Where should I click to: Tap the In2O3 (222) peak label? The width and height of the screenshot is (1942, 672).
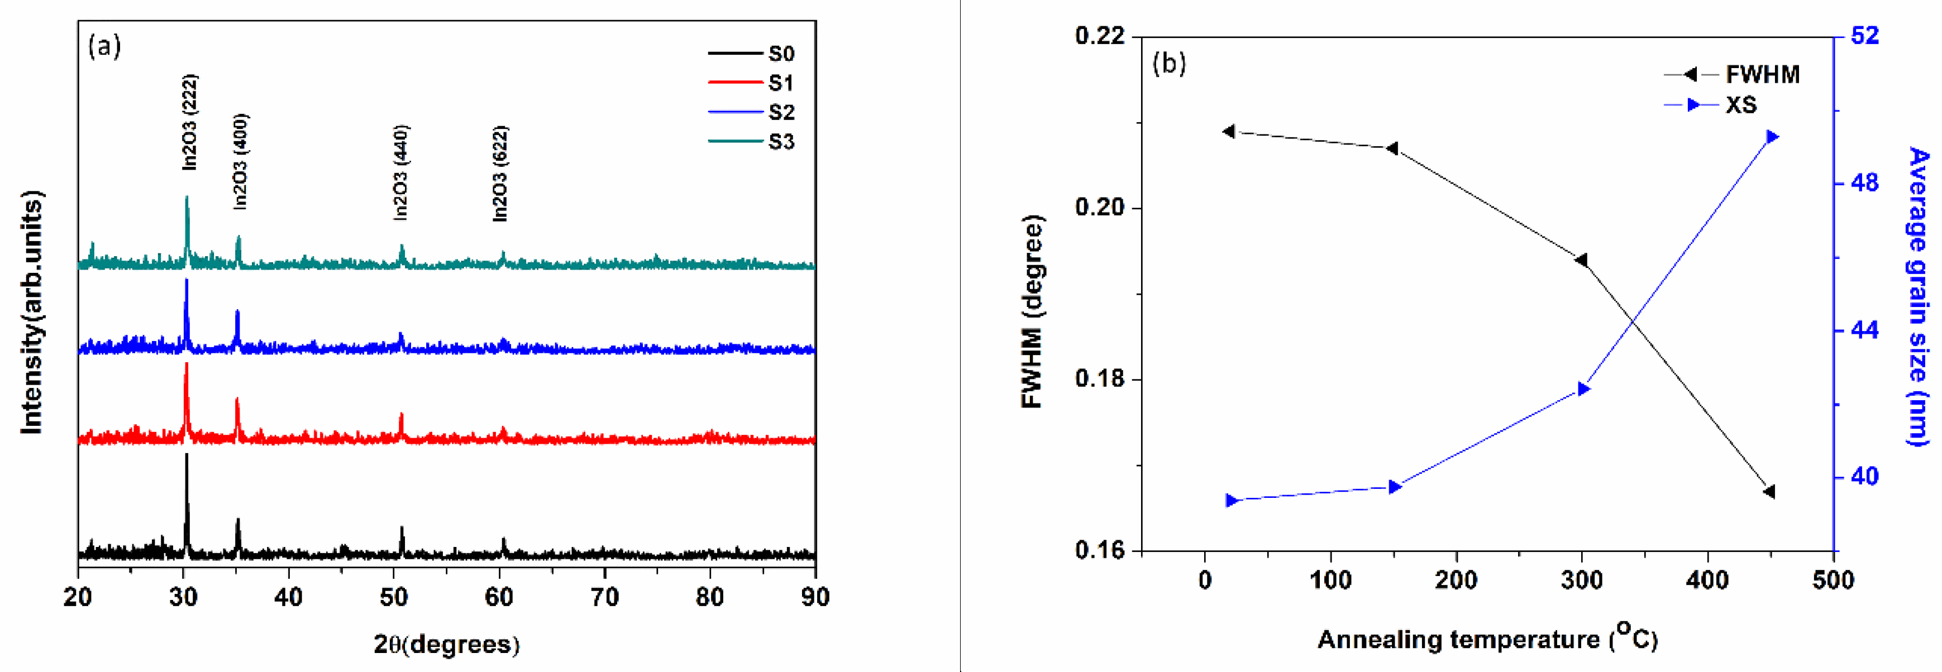[190, 122]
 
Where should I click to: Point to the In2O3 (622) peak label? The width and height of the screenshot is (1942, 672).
[500, 173]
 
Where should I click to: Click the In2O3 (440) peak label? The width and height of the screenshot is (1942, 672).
[401, 172]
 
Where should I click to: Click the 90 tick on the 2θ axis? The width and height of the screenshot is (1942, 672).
[815, 597]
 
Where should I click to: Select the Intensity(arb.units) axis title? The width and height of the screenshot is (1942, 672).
[32, 312]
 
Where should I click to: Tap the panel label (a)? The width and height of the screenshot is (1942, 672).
[104, 47]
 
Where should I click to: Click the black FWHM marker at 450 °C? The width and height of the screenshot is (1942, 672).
[1769, 492]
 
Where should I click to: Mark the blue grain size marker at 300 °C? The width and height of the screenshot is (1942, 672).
[1584, 388]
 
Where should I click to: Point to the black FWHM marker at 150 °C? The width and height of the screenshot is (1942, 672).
[1392, 148]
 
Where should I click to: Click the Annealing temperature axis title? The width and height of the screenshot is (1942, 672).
[1487, 639]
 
